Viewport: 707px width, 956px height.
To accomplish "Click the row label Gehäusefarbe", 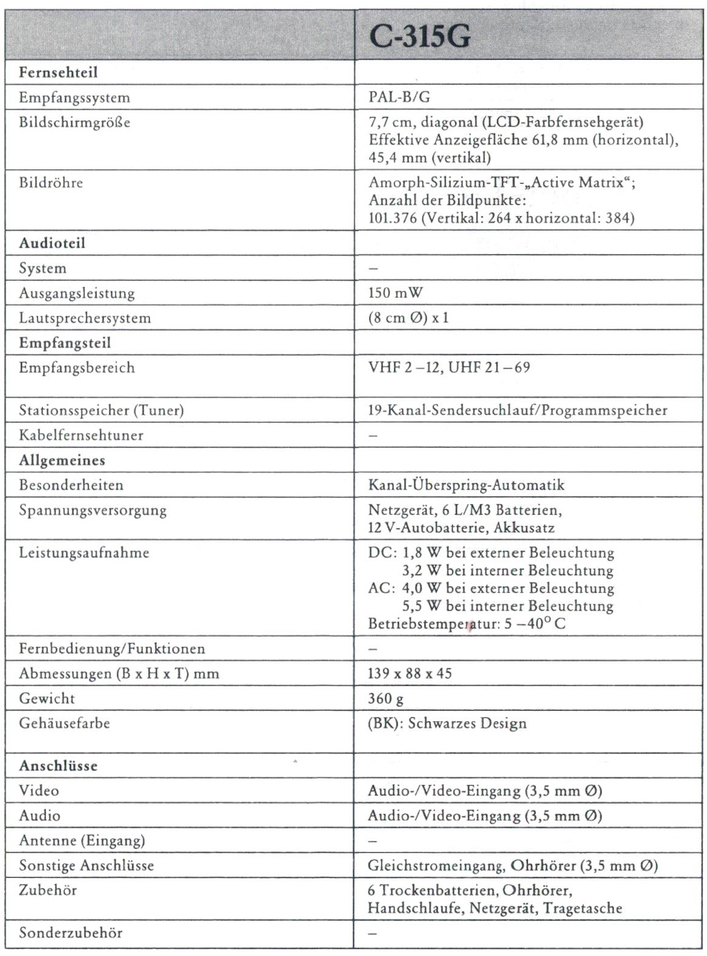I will (57, 724).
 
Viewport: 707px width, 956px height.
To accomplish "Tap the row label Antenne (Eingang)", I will (72, 840).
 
